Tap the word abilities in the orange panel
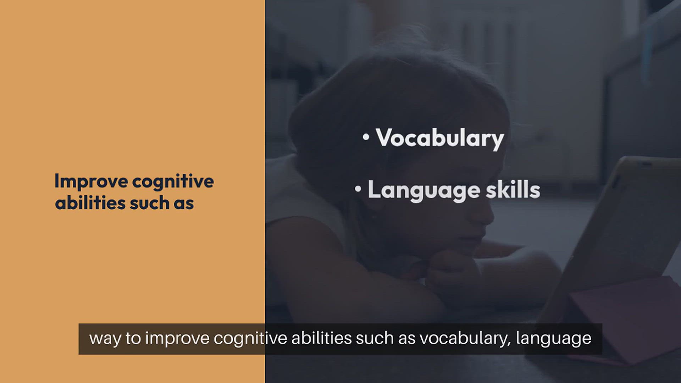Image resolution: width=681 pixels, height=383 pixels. point(90,203)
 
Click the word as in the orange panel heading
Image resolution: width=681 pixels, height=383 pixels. point(184,205)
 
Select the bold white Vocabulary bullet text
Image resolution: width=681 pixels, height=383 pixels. point(440,138)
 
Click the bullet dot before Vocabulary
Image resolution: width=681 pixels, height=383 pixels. point(366,137)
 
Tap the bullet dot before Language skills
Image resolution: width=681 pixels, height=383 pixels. point(358,189)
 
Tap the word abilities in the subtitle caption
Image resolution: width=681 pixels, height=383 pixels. point(322,338)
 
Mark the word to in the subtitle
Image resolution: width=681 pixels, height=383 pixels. point(133,338)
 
